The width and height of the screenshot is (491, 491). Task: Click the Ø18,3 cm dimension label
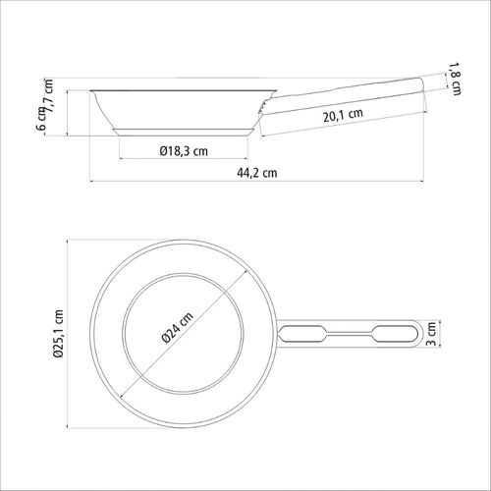coord(184,151)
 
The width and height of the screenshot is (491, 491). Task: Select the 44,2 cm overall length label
coord(257,173)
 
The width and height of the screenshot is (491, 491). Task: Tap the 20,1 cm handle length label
coord(343,115)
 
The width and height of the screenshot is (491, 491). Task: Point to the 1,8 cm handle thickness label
coord(454,79)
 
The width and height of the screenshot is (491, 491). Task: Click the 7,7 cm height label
coord(48,95)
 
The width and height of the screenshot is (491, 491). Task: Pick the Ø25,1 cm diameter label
coord(59,334)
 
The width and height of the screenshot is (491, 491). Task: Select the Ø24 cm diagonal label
coord(178,328)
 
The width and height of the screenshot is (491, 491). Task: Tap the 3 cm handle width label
coord(432,334)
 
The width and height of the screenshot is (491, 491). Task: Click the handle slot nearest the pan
coord(302,334)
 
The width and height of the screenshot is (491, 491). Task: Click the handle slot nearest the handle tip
coord(396,334)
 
